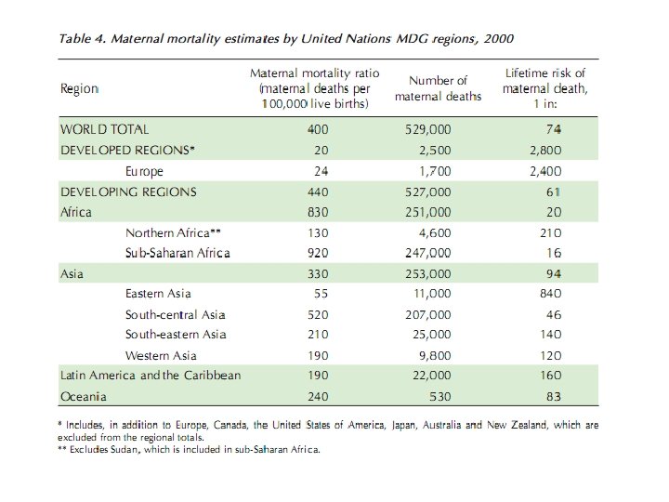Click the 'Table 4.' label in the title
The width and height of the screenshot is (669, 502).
83,40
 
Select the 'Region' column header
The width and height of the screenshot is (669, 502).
79,89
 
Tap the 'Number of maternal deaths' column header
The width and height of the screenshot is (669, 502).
438,89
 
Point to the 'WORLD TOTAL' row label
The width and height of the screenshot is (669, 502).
104,130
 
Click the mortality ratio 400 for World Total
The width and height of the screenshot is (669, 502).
318,130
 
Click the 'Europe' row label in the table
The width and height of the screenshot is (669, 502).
144,171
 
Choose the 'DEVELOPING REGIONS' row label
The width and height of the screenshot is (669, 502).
128,192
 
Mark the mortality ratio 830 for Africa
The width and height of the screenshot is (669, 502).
318,212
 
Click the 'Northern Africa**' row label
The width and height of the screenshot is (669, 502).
174,232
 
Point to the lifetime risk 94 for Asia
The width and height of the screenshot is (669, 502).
578,273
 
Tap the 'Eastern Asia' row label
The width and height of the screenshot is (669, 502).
158,294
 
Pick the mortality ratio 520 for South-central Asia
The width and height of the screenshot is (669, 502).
318,314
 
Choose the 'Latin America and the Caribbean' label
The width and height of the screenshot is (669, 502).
151,376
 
